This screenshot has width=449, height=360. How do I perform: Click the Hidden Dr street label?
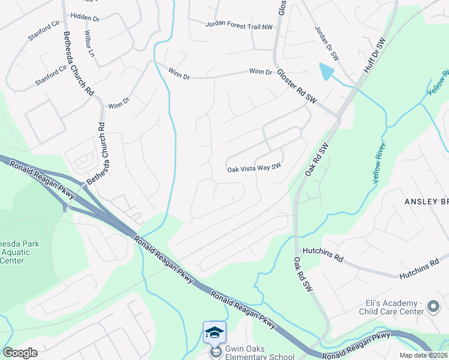85,19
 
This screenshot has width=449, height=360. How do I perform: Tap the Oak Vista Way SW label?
254,169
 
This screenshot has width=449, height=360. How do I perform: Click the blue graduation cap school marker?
214,332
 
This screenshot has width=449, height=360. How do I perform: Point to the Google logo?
20,353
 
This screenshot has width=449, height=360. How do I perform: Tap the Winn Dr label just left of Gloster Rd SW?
261,72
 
